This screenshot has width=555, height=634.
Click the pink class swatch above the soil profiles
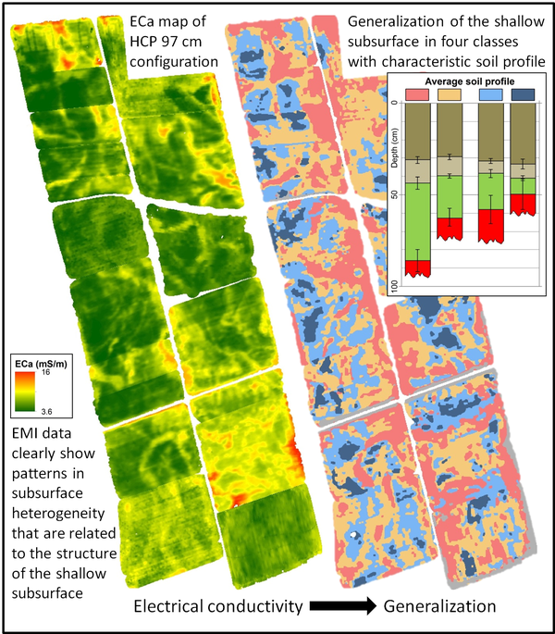(417, 94)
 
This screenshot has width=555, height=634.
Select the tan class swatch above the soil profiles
(450, 94)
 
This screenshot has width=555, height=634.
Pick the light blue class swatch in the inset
(490, 94)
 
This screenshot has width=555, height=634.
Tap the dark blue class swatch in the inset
(523, 94)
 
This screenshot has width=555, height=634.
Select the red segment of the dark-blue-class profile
(523, 204)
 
